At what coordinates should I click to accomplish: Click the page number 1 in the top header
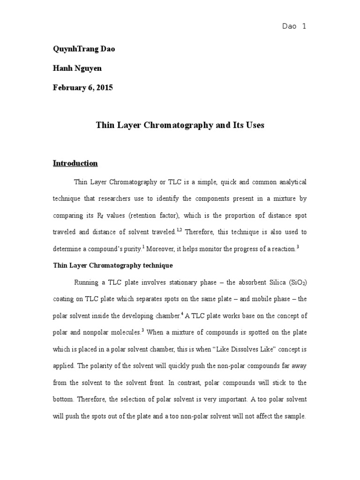[304, 27]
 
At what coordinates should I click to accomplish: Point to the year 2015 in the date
[104, 87]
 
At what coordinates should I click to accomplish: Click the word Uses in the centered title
[254, 125]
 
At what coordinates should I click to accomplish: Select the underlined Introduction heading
[75, 163]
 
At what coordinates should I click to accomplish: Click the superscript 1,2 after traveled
[179, 230]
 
